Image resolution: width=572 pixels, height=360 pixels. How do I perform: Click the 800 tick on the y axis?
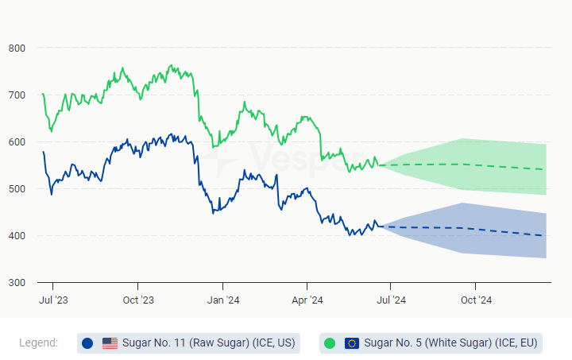tap(17, 48)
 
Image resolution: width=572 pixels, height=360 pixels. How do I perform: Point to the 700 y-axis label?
tap(17, 95)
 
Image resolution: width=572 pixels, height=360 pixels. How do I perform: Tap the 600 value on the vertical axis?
tap(17, 142)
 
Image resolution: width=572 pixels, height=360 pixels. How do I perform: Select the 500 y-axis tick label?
tap(17, 189)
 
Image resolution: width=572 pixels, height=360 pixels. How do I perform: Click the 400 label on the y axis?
tap(17, 236)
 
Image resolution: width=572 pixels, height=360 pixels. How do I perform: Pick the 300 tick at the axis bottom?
tap(17, 283)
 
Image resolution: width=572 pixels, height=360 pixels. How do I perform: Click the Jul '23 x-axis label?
tap(53, 300)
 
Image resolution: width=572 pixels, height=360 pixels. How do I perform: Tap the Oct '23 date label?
tap(137, 300)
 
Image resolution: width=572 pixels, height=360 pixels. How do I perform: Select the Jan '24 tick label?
tap(222, 300)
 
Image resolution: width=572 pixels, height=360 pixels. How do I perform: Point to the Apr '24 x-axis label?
tap(307, 300)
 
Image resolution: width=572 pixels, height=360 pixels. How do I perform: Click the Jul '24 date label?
tap(390, 300)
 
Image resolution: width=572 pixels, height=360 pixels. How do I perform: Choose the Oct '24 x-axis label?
tap(475, 300)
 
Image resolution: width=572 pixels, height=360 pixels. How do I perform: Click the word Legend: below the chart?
tap(38, 343)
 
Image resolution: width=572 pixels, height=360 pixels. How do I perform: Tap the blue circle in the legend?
tap(87, 343)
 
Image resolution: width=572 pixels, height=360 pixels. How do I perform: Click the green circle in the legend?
tap(330, 343)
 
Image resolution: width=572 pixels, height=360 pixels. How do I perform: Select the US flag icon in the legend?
tap(110, 343)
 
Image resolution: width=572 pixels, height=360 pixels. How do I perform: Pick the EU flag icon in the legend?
tap(352, 343)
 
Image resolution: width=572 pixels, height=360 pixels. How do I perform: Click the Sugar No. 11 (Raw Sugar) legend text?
tap(208, 343)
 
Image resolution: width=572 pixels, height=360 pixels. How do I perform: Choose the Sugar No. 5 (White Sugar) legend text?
tap(450, 343)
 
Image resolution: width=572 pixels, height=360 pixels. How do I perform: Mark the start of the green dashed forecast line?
tap(381, 165)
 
